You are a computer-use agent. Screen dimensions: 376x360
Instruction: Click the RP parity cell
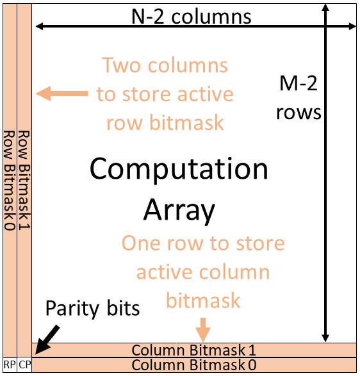pyautogui.click(x=9, y=365)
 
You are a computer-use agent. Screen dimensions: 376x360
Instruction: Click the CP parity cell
pyautogui.click(x=24, y=365)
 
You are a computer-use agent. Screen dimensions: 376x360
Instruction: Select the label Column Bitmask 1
pyautogui.click(x=193, y=350)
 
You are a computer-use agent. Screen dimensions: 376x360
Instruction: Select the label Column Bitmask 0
pyautogui.click(x=193, y=365)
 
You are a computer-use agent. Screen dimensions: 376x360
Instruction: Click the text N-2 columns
pyautogui.click(x=192, y=16)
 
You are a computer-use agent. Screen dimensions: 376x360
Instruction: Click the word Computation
pyautogui.click(x=179, y=169)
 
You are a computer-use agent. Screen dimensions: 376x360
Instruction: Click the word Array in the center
pyautogui.click(x=179, y=209)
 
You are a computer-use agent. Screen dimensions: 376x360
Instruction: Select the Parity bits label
pyautogui.click(x=92, y=309)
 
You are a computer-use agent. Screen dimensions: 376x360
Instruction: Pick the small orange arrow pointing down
pyautogui.click(x=203, y=329)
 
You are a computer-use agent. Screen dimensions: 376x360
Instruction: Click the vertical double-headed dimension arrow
pyautogui.click(x=327, y=173)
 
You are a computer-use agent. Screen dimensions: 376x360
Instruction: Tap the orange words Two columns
pyautogui.click(x=165, y=66)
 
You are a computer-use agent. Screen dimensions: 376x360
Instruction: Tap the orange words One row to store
pyautogui.click(x=203, y=243)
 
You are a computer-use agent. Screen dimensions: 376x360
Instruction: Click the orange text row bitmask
pyautogui.click(x=165, y=122)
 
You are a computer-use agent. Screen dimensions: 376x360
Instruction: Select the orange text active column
pyautogui.click(x=203, y=272)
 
